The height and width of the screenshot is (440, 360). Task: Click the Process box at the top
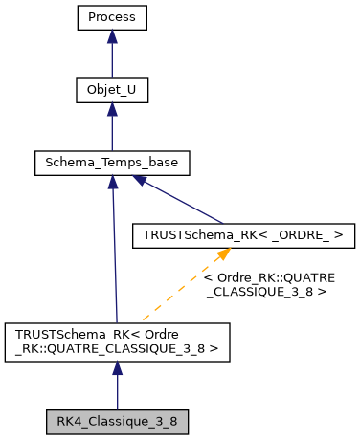pos(112,18)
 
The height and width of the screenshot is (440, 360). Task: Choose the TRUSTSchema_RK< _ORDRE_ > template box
pos(242,233)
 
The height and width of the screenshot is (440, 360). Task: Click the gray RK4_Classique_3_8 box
pos(117,420)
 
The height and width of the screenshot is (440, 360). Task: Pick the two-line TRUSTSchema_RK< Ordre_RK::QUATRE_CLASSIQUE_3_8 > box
pos(117,341)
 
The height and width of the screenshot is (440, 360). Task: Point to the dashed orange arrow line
pos(182,288)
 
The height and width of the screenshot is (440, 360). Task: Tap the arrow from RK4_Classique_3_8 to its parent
pos(117,387)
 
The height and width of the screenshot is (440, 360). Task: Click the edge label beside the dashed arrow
pos(269,284)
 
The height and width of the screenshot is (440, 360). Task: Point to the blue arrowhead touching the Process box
pos(112,36)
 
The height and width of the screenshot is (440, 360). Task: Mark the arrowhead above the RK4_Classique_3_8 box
pos(117,369)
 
